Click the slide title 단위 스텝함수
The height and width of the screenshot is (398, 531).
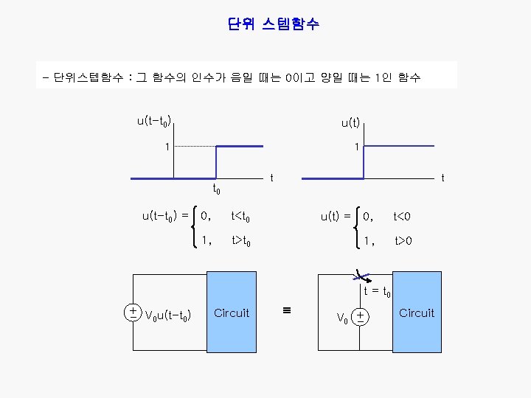click(274, 24)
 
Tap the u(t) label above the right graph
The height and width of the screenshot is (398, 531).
click(350, 123)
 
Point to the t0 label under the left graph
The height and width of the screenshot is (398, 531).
click(217, 190)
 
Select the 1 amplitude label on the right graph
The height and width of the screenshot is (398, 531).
click(356, 147)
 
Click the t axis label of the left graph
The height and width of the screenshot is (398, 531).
click(271, 178)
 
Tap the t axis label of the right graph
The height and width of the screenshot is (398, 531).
click(442, 178)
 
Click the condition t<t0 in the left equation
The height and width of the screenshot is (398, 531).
click(244, 217)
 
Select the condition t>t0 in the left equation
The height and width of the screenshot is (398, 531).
click(245, 240)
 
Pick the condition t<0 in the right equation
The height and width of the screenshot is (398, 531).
click(402, 217)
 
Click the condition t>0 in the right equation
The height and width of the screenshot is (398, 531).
click(403, 240)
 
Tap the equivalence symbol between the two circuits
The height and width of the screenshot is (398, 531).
click(287, 310)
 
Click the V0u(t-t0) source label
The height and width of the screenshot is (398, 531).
click(170, 316)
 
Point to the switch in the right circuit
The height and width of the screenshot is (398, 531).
click(361, 276)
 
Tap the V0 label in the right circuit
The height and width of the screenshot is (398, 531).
click(342, 318)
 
